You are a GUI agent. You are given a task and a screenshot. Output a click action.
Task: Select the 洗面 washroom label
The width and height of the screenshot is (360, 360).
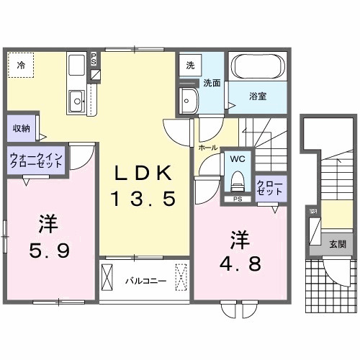pos(211,82)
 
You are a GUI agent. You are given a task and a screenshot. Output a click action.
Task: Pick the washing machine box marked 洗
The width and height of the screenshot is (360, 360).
pos(190,64)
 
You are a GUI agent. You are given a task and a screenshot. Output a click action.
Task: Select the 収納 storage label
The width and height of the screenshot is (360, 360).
pos(21,128)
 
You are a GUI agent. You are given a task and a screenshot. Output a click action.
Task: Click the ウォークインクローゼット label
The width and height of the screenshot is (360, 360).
pos(37,161)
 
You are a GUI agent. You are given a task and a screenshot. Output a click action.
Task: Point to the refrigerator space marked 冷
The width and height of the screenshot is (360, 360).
pos(21,66)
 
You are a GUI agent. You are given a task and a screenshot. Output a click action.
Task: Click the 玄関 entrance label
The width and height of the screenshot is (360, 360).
pos(337,244)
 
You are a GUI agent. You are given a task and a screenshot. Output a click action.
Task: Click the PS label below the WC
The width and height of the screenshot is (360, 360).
pos(237,199)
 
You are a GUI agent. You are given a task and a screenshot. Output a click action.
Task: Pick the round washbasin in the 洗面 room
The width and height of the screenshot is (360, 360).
pos(190,99)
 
